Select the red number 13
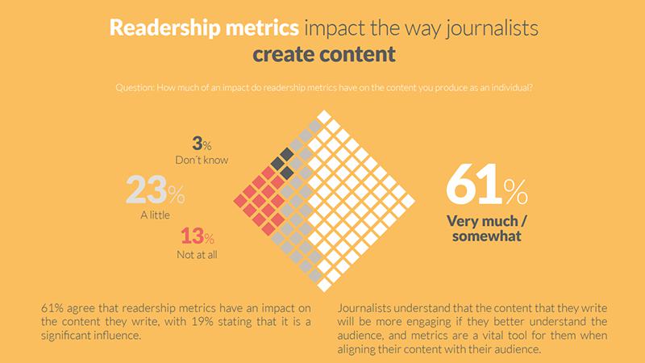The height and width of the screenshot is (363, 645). coord(193,237)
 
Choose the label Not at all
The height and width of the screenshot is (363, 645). coord(197,255)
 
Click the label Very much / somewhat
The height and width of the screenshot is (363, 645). coord(484,229)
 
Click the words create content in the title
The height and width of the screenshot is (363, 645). coord(323,55)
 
